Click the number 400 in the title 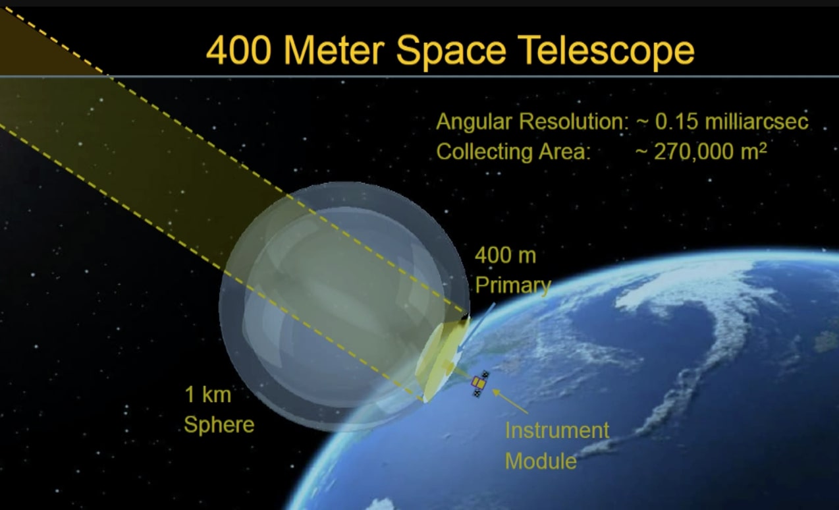pyautogui.click(x=238, y=50)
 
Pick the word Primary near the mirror pyautogui.click(x=512, y=285)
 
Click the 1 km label pyautogui.click(x=207, y=395)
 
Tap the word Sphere pyautogui.click(x=219, y=424)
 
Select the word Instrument pyautogui.click(x=557, y=430)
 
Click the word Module pyautogui.click(x=540, y=460)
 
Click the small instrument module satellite pyautogui.click(x=480, y=383)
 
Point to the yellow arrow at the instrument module pyautogui.click(x=509, y=400)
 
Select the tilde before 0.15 pyautogui.click(x=642, y=123)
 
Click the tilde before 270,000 pyautogui.click(x=642, y=152)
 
